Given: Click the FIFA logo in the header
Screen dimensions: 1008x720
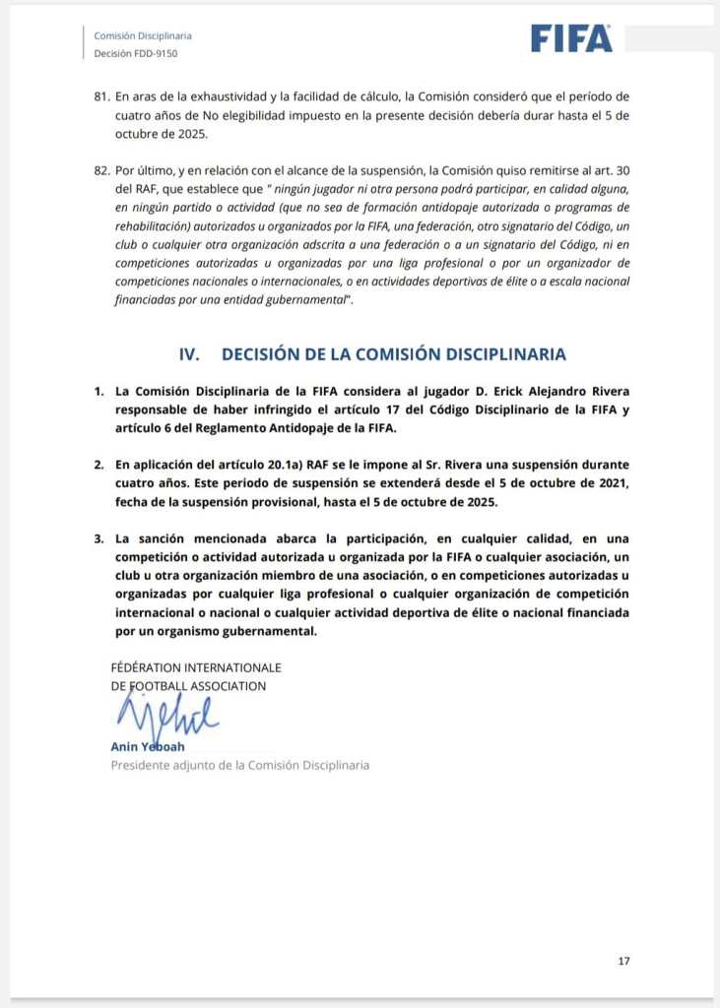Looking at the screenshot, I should [x=571, y=37].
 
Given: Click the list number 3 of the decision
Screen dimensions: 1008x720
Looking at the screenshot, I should [x=98, y=539].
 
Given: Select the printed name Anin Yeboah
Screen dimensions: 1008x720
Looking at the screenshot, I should [x=147, y=746].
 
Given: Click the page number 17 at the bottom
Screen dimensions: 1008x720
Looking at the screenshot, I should [x=623, y=961].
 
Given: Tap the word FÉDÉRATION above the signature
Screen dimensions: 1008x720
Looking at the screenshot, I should [x=158, y=668].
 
